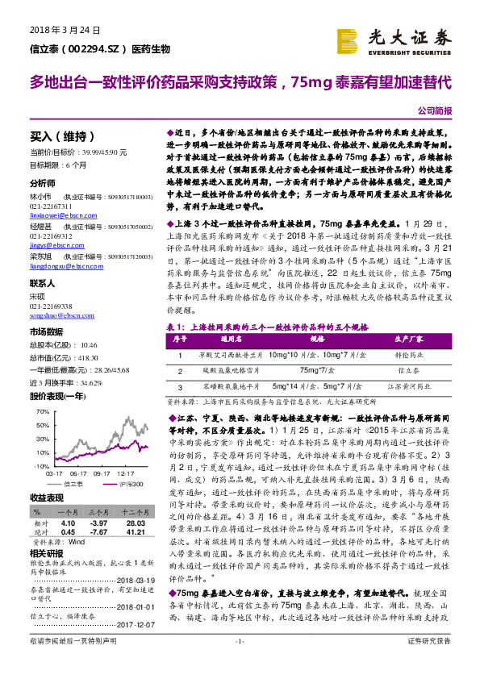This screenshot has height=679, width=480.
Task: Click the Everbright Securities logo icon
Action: click(x=348, y=40)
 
